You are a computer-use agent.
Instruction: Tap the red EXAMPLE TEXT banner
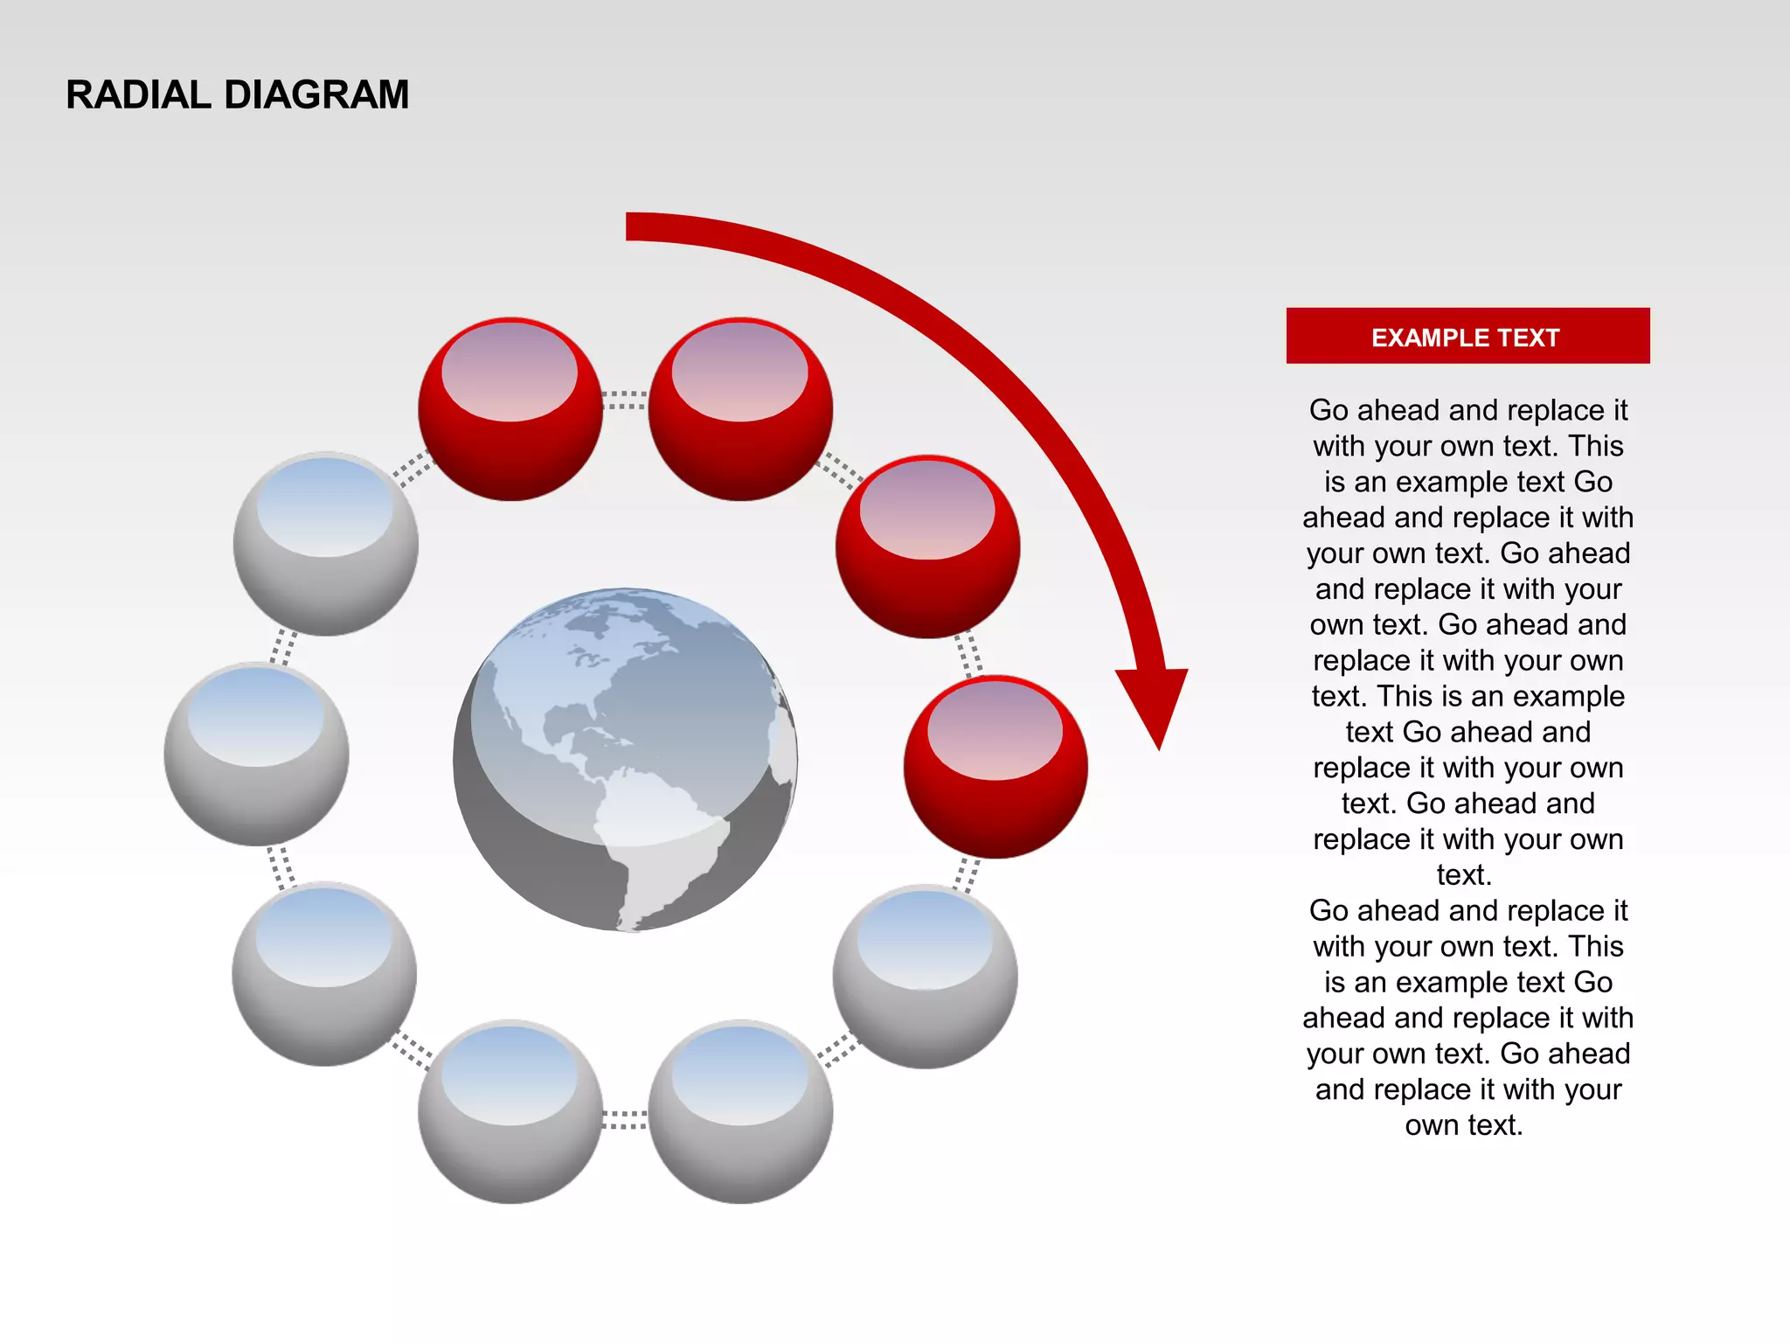point(1467,336)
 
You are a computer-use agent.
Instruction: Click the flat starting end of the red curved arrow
point(631,226)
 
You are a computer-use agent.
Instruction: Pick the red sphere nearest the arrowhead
point(996,766)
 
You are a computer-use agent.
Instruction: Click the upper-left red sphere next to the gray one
point(510,408)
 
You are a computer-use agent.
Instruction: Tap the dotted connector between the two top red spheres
point(625,400)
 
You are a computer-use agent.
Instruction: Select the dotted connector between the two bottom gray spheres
point(625,1120)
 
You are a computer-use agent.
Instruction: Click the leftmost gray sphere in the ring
point(256,754)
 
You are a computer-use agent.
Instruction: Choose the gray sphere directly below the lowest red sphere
point(925,976)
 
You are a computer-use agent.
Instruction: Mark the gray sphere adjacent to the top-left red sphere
point(325,543)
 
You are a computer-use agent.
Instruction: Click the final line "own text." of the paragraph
point(1463,1124)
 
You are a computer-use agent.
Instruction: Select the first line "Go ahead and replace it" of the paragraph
point(1467,409)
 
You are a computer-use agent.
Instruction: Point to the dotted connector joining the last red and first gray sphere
point(967,873)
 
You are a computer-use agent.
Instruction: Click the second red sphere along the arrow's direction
point(740,408)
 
